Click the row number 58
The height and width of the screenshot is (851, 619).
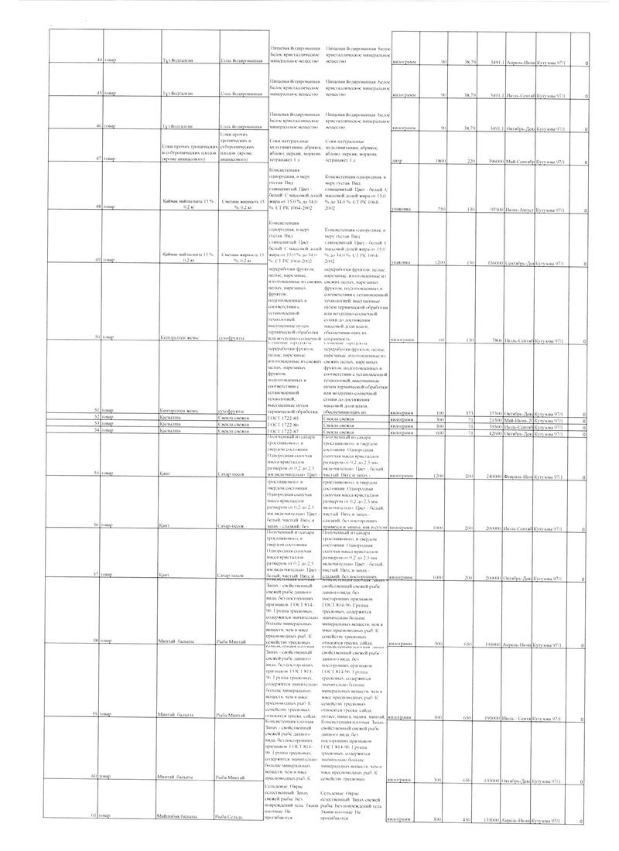pos(97,643)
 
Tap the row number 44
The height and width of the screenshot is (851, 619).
pos(97,61)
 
